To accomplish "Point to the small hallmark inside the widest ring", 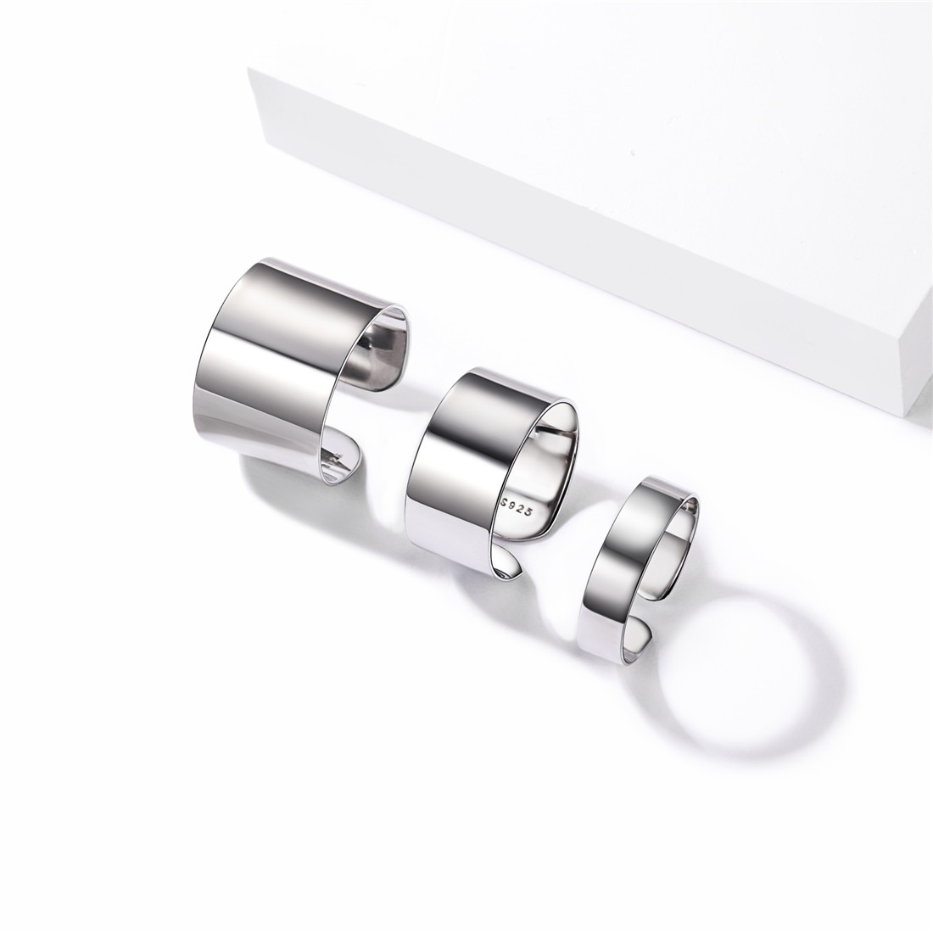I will [338, 458].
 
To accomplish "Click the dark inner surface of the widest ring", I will [373, 356].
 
